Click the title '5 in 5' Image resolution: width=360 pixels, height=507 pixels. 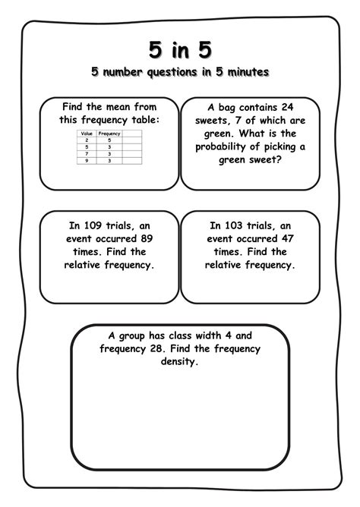pyautogui.click(x=180, y=49)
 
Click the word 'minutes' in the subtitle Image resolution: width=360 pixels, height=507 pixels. pyautogui.click(x=246, y=73)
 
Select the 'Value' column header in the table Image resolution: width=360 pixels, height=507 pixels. pyautogui.click(x=86, y=133)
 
